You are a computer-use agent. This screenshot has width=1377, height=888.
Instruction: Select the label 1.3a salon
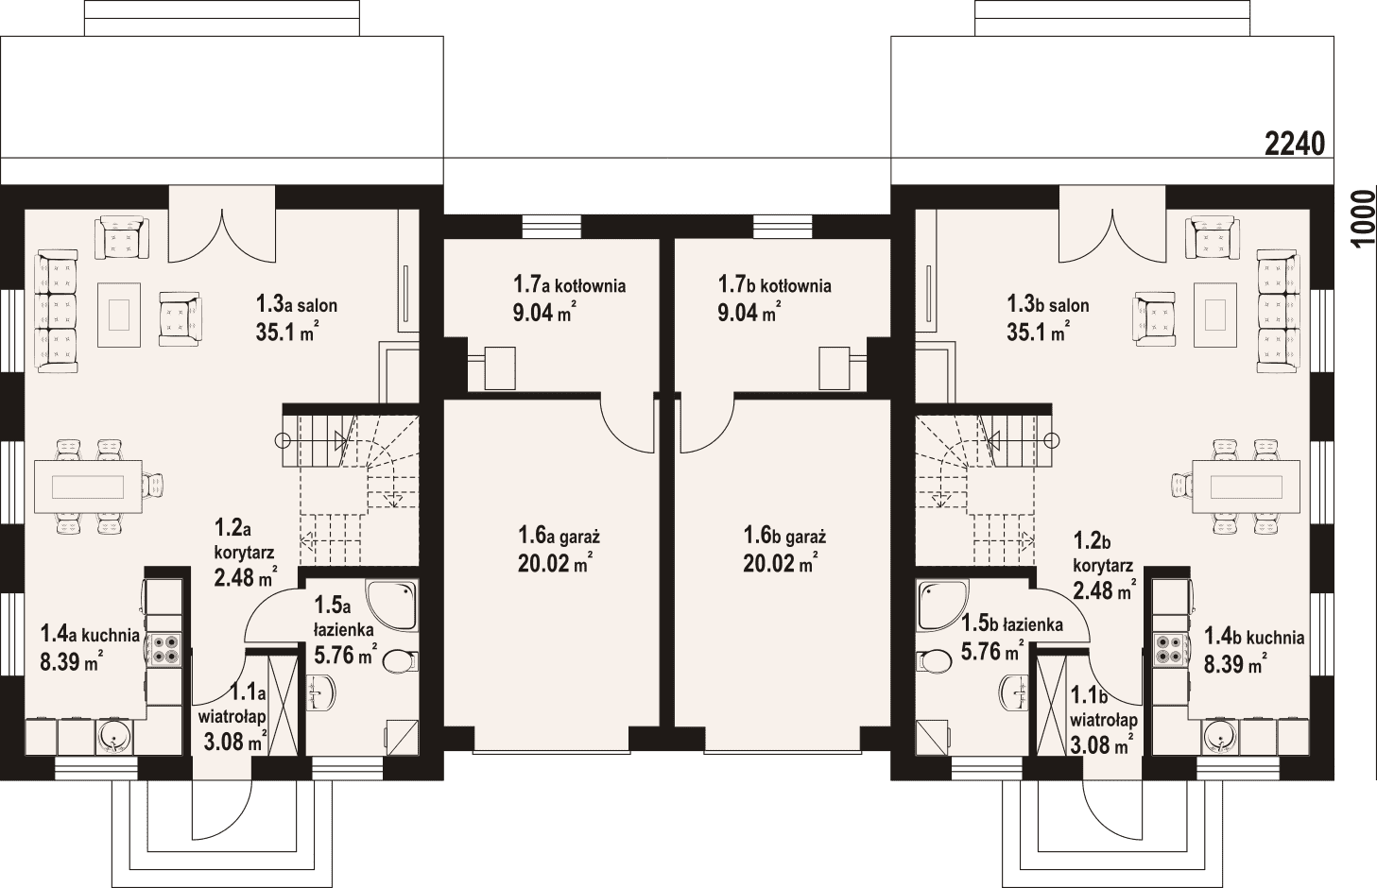tap(297, 304)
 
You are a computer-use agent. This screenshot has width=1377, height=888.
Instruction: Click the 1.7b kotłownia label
tap(775, 285)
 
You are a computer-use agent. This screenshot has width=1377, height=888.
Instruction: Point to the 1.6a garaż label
tap(559, 536)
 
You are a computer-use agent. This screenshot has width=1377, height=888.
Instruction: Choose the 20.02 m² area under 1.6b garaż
tap(780, 563)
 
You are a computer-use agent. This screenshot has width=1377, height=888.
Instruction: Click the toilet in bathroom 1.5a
tap(400, 661)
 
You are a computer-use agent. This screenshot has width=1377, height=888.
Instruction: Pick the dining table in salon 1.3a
tap(89, 487)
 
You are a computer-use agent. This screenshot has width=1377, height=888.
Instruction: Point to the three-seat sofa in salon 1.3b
tap(1277, 311)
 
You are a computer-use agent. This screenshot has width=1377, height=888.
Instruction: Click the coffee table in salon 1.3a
tap(119, 315)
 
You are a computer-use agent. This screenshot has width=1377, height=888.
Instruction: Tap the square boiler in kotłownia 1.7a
tap(500, 368)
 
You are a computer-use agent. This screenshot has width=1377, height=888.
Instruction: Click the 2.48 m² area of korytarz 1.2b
tap(1104, 589)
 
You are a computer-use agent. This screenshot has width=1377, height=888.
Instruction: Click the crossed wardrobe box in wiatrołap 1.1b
tap(1052, 706)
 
